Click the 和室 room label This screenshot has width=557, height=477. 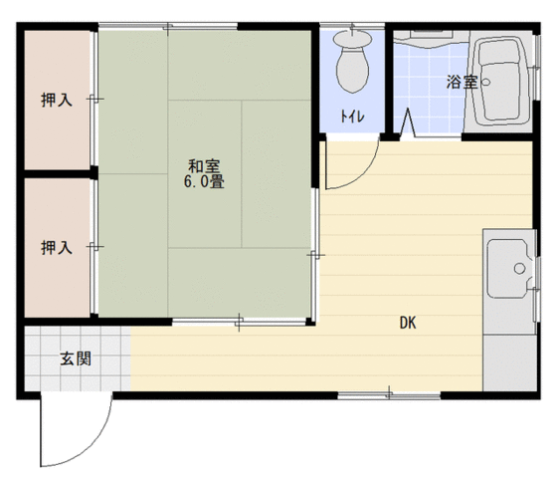pos(204,166)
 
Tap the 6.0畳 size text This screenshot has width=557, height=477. pos(204,182)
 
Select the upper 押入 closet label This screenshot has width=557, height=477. pos(57,100)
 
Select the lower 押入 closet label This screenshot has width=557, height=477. pos(57,248)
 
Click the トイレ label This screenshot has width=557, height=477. pos(352,117)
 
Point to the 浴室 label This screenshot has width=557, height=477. pos(462,83)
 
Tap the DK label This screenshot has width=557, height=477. pos(408,323)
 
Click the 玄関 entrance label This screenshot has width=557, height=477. pos(76,358)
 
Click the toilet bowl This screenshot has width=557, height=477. pos(352,70)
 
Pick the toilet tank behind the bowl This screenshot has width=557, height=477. pos(352,39)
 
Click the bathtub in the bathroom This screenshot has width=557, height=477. pos(503,82)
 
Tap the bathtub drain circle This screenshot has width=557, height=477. pos(485,83)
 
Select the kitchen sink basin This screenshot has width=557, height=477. pos(509,269)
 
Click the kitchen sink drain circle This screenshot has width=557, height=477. pos(519,268)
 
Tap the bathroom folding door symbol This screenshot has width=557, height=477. pos(408,122)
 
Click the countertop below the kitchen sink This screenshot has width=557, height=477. pos(509,362)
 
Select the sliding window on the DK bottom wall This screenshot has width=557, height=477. pos(389,394)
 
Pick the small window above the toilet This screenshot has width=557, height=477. pos(352,26)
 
